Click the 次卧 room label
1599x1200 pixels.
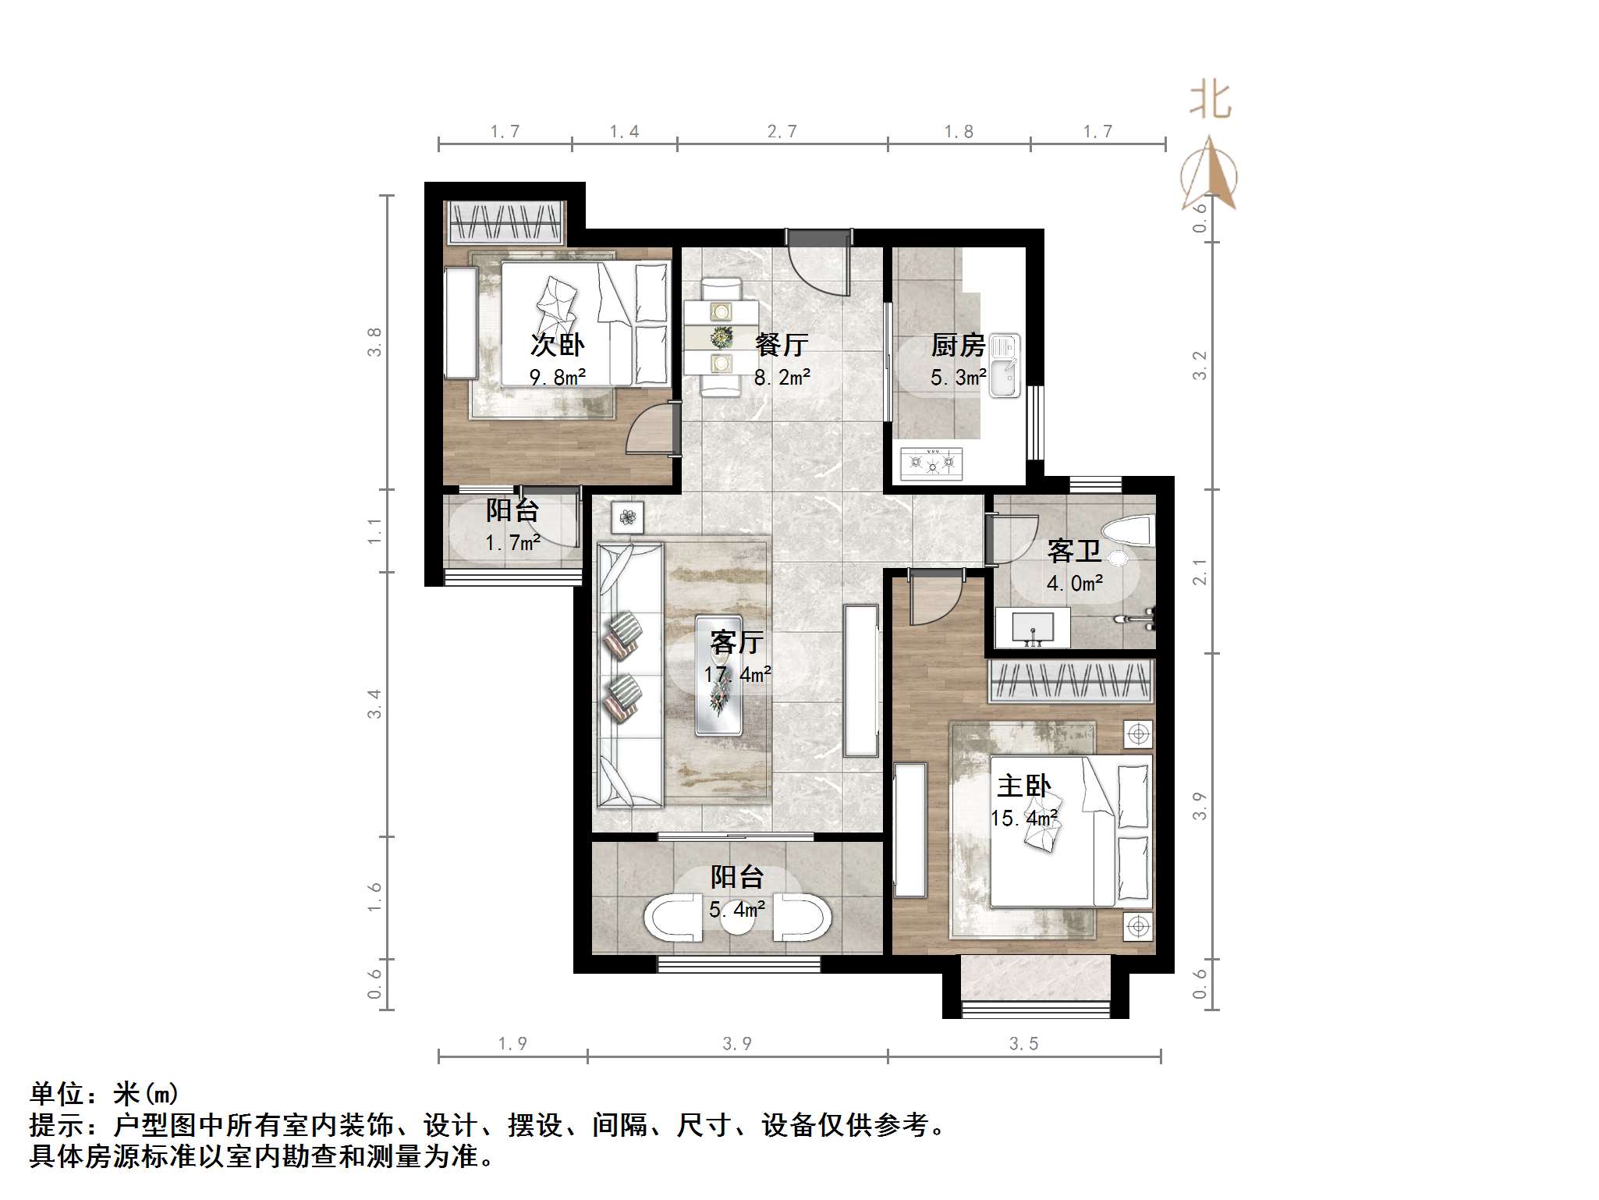pos(557,344)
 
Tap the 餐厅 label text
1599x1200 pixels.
pos(782,344)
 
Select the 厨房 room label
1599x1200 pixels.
pos(958,344)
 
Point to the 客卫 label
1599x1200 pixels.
pos(1074,551)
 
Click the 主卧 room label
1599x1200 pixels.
pos(1023,786)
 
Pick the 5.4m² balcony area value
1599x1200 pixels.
pos(736,909)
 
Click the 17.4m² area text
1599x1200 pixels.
pos(737,674)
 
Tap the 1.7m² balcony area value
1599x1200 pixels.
pos(512,542)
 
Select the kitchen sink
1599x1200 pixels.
pos(1005,366)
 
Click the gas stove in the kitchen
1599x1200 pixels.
pos(931,463)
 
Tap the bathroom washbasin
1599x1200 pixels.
pos(1033,627)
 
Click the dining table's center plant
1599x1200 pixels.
pos(721,338)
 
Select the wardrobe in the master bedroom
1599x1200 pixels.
pos(1070,680)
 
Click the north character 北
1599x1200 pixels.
pos(1209,101)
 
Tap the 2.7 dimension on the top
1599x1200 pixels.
pos(782,132)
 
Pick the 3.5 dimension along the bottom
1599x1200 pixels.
pos(1023,1043)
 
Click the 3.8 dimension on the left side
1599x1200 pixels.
pos(375,342)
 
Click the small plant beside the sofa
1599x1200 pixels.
pos(627,517)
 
